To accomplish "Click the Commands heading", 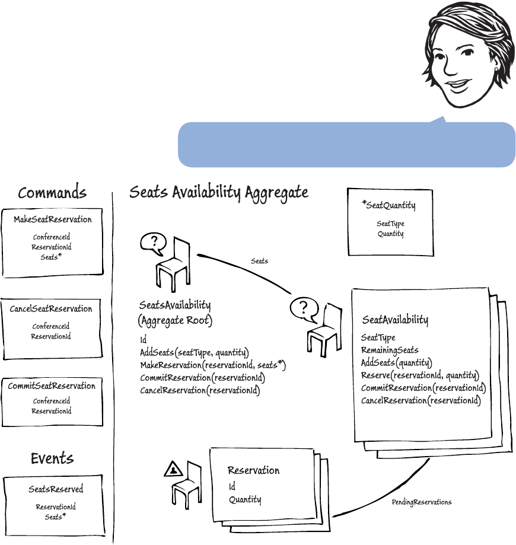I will pyautogui.click(x=52, y=193).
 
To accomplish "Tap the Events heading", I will pyautogui.click(x=52, y=458).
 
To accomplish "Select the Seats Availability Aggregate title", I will pyautogui.click(x=219, y=192).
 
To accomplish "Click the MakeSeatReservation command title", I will pyautogui.click(x=53, y=219).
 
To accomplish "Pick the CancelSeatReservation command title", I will pyautogui.click(x=51, y=309).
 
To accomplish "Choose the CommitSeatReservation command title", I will pyautogui.click(x=52, y=386).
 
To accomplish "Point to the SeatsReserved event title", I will pyautogui.click(x=56, y=489).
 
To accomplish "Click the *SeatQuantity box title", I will pyautogui.click(x=389, y=206).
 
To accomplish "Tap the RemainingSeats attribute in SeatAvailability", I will pyautogui.click(x=390, y=350).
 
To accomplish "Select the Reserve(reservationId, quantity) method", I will pyautogui.click(x=420, y=375).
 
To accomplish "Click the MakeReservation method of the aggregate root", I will pyautogui.click(x=213, y=365).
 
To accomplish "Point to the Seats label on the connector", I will pyautogui.click(x=259, y=261).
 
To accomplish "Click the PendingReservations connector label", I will pyautogui.click(x=422, y=502).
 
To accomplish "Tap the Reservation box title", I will pyautogui.click(x=253, y=470).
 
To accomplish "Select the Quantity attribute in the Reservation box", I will pyautogui.click(x=245, y=499).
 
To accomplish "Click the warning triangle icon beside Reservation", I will pyautogui.click(x=173, y=469).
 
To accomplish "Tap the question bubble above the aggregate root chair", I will pyautogui.click(x=153, y=242).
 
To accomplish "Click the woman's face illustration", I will pyautogui.click(x=460, y=59).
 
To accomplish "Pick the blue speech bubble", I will pyautogui.click(x=346, y=144).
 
